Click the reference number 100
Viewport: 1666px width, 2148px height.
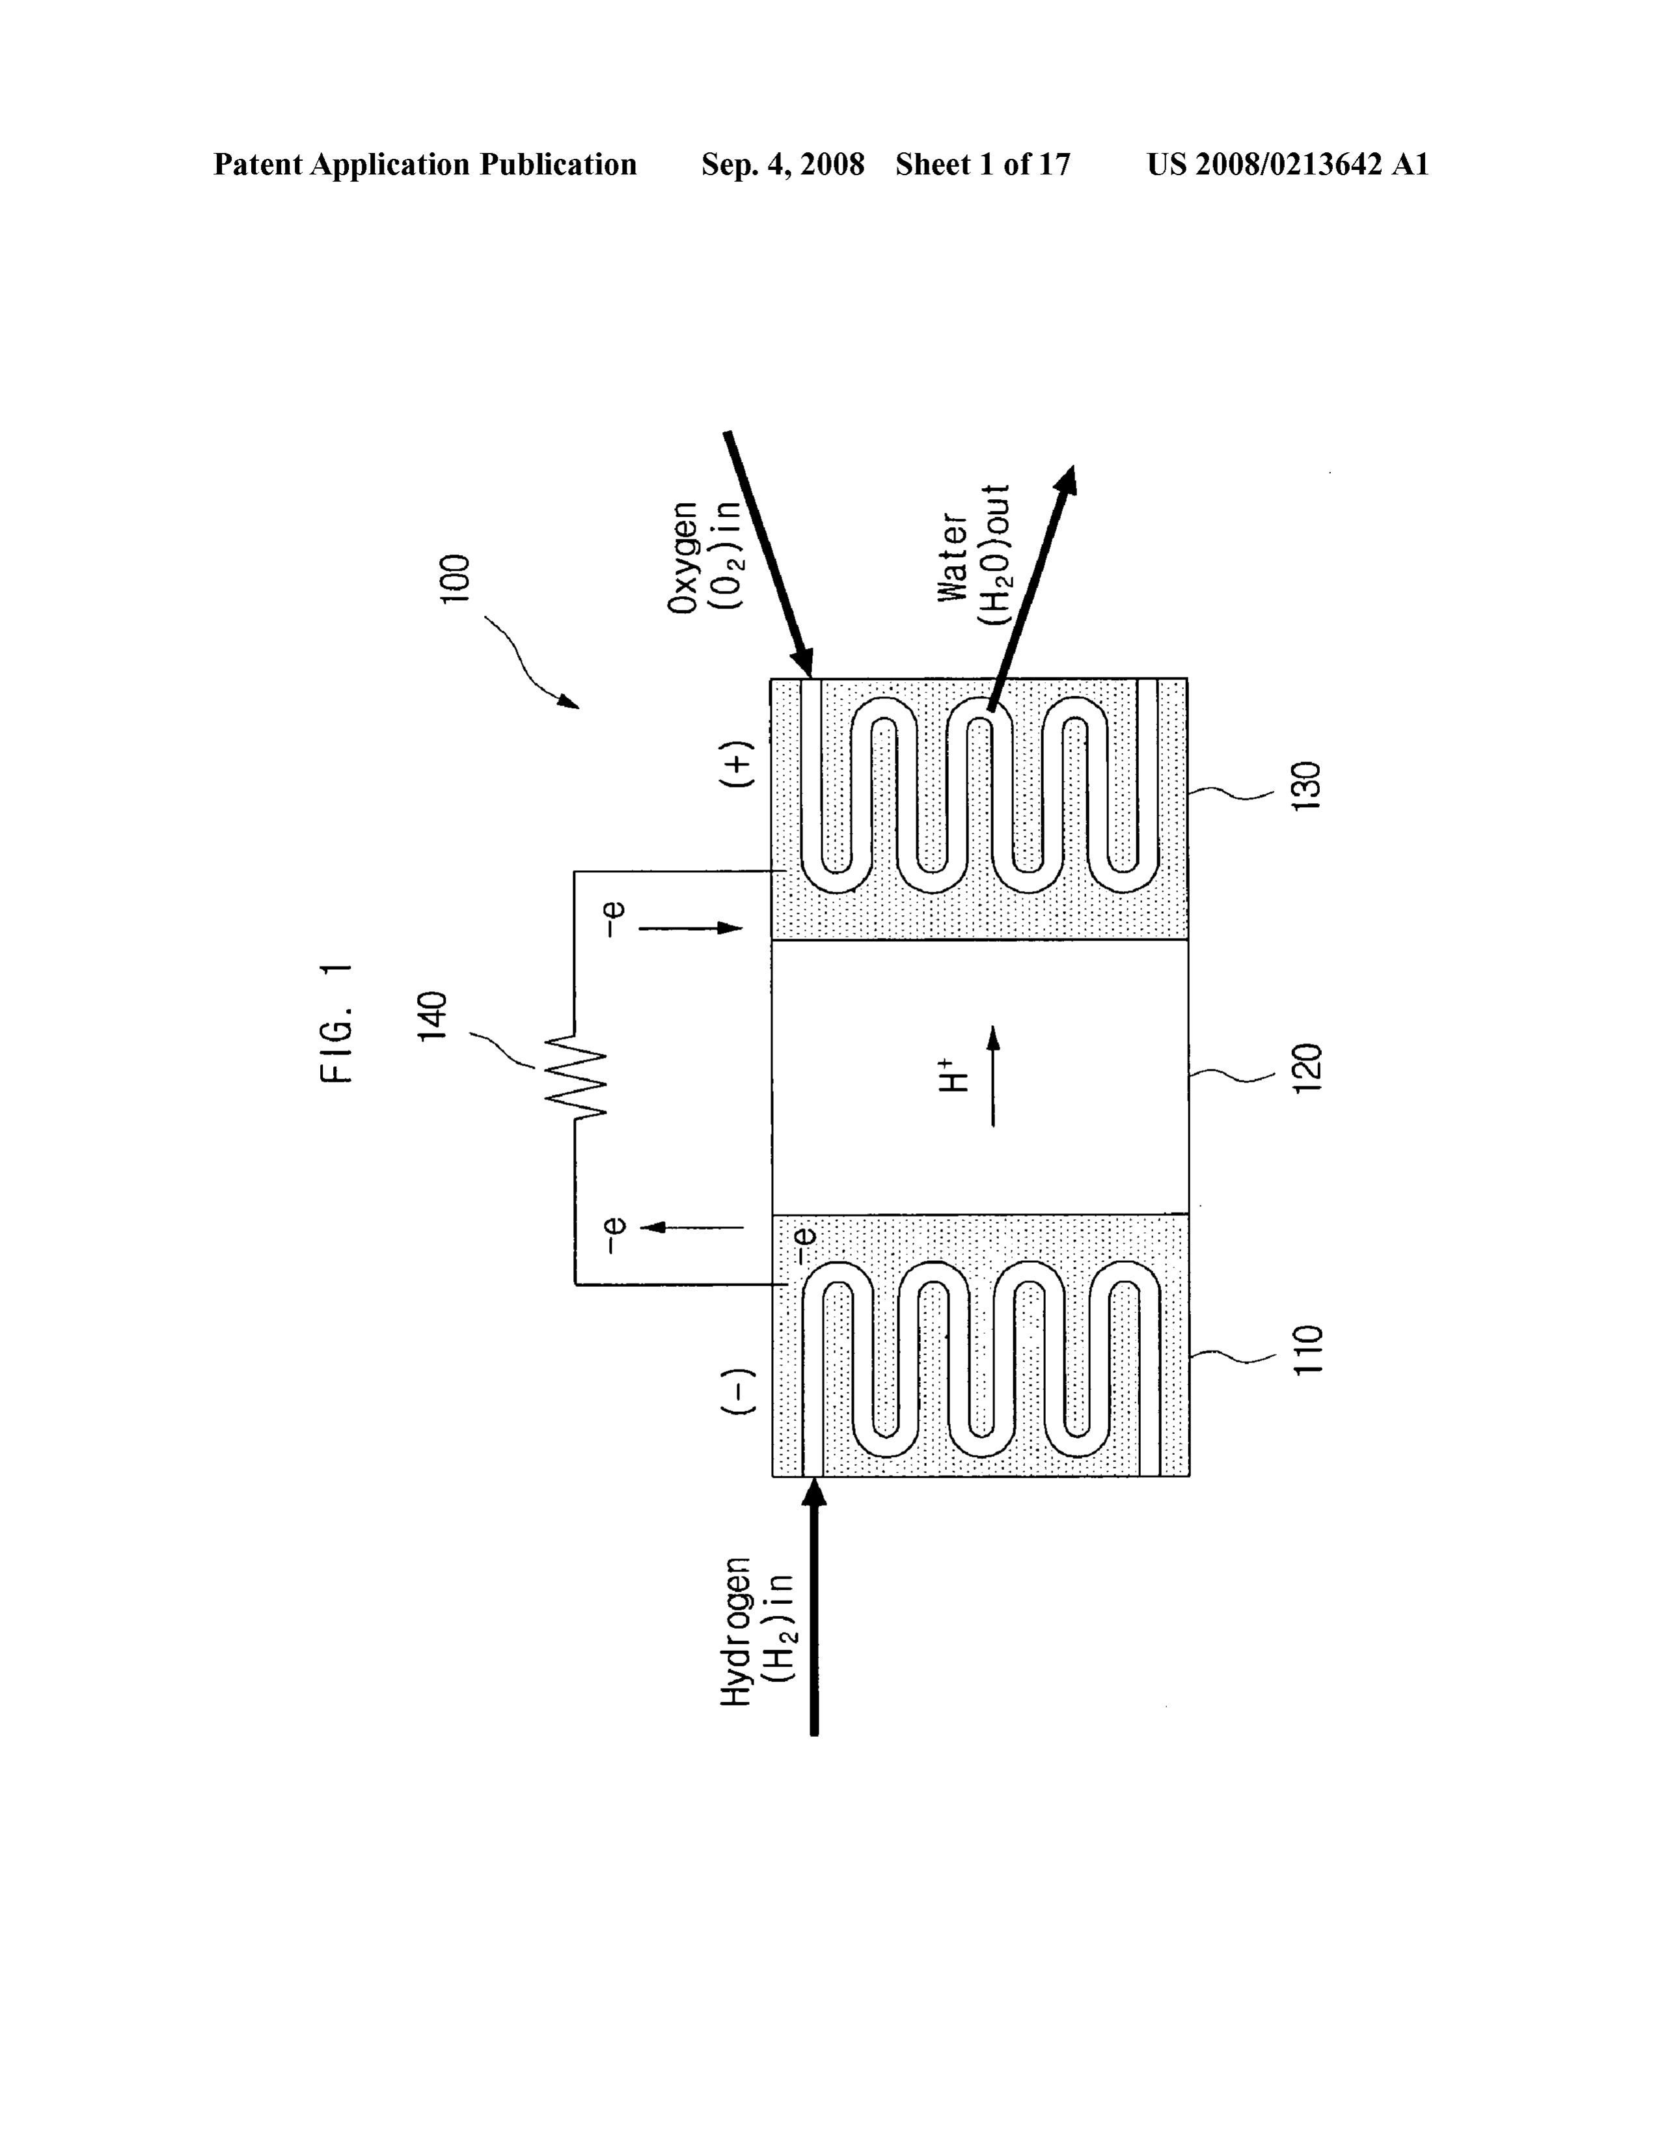click(456, 579)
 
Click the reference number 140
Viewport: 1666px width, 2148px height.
click(433, 1017)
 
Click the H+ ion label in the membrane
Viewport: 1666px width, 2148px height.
click(952, 1075)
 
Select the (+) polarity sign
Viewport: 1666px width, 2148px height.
click(739, 764)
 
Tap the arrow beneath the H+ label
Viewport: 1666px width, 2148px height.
click(992, 1076)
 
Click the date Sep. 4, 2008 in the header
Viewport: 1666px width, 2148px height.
click(783, 164)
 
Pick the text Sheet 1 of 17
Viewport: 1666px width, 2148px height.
click(983, 164)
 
